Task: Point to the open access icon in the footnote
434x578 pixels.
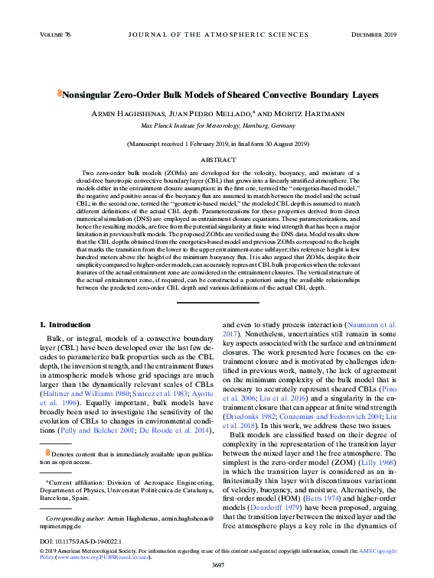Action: (47, 453)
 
